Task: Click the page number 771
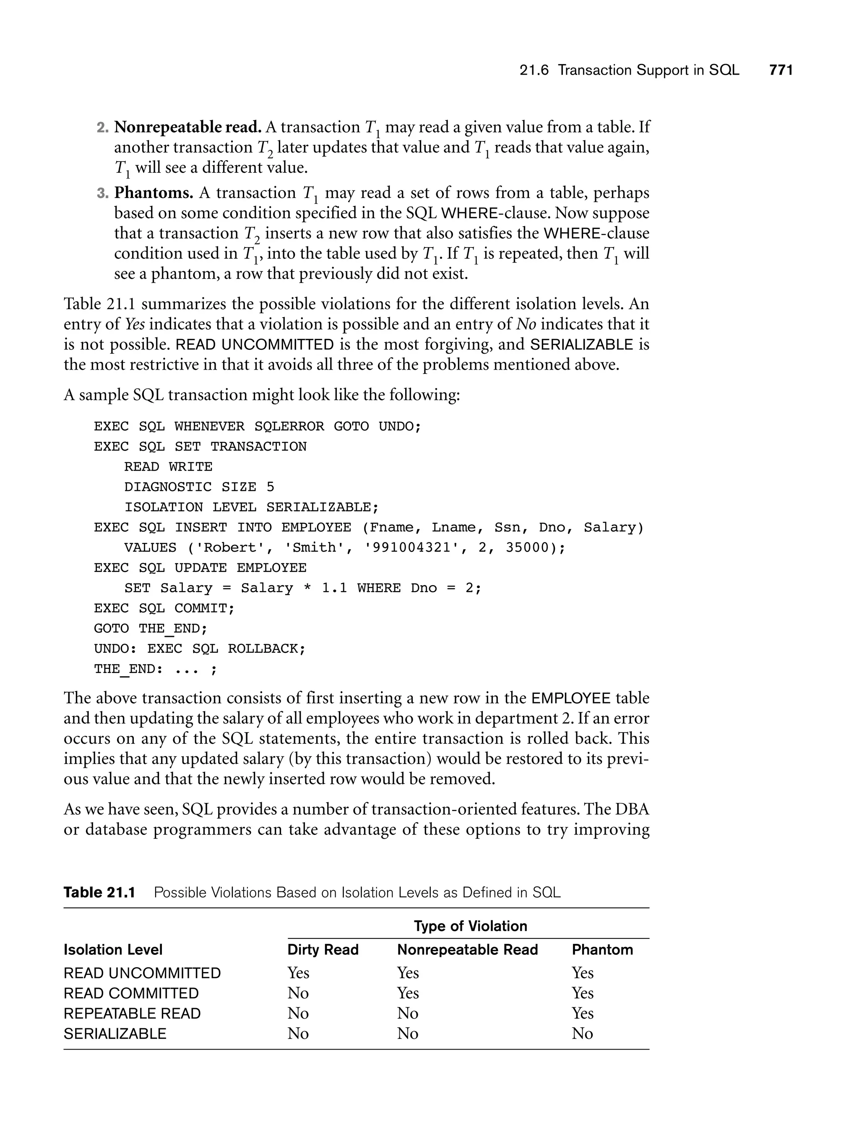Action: (781, 70)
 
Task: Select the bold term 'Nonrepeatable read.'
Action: (187, 127)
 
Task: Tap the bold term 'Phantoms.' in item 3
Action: (154, 193)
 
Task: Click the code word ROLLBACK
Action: (266, 649)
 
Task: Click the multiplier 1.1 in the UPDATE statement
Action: (334, 588)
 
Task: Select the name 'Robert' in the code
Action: (229, 547)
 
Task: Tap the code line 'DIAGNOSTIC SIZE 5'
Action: (199, 487)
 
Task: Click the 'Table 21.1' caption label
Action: (99, 892)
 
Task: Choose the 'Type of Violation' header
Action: (470, 926)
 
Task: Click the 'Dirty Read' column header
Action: (323, 949)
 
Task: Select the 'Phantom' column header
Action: (602, 949)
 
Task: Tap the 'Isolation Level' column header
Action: (113, 949)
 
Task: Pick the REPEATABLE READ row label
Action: (132, 1014)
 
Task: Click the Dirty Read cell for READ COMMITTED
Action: (298, 993)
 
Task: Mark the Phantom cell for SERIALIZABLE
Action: (582, 1033)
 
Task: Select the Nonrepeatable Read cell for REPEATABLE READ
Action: (408, 1014)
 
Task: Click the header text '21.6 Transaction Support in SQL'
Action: (629, 70)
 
